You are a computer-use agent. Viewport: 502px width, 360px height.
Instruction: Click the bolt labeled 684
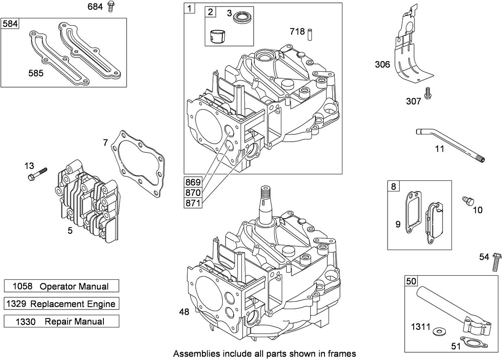[110, 7]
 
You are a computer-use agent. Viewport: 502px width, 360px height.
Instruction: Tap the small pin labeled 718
[310, 33]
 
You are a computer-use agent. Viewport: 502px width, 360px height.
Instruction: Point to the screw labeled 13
[37, 173]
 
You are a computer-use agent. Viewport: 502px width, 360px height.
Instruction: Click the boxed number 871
[193, 202]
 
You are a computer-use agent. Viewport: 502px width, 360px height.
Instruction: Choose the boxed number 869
[193, 182]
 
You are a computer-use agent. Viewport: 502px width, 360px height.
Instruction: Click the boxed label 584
[10, 24]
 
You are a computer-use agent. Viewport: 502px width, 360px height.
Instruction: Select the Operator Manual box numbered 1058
[61, 286]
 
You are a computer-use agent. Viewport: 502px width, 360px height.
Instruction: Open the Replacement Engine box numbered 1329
[61, 303]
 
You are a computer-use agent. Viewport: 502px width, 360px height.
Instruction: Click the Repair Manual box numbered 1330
[61, 321]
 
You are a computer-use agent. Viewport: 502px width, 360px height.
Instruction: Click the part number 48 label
[184, 312]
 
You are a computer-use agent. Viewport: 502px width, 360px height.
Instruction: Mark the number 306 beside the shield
[382, 64]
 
